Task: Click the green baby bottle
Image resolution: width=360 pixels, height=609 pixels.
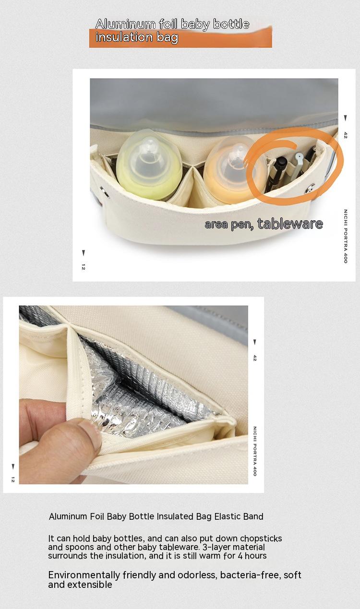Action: click(x=149, y=165)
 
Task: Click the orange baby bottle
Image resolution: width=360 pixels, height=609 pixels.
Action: click(x=234, y=170)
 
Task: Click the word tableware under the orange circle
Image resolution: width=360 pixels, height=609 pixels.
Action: click(x=290, y=224)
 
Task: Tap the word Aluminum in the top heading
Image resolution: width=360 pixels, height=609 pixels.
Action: click(x=125, y=24)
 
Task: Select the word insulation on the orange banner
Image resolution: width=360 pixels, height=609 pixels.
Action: click(x=124, y=37)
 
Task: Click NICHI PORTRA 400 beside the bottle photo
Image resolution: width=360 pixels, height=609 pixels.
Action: click(x=345, y=236)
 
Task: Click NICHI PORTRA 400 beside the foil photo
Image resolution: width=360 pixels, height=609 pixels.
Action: click(x=255, y=451)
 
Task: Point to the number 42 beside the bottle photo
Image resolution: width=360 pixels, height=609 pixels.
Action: click(x=345, y=135)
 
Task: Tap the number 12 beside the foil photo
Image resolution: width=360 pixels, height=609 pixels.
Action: click(x=13, y=479)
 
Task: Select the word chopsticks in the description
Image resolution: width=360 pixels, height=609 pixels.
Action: click(x=261, y=538)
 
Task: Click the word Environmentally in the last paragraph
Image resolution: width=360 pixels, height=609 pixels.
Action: click(x=84, y=575)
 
